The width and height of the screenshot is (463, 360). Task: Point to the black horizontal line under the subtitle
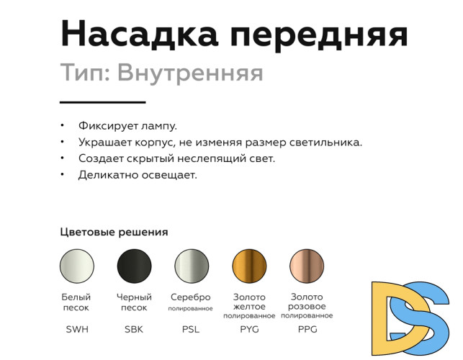[103, 102]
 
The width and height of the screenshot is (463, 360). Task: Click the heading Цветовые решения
[114, 232]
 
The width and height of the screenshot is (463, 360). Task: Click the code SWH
[76, 330]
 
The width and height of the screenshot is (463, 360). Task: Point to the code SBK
[134, 330]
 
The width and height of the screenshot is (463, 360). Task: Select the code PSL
[191, 330]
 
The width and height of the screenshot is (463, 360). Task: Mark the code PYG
[249, 330]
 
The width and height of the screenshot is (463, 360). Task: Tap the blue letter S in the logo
[428, 317]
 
